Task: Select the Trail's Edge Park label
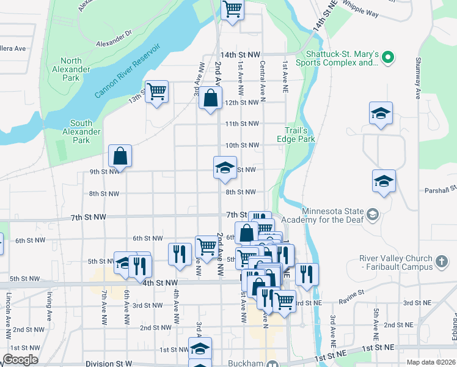coord(300,135)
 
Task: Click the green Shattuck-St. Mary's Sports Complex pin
coord(387,58)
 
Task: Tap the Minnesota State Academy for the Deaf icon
coord(373,214)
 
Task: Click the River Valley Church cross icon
coord(442,262)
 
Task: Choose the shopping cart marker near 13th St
coord(156,92)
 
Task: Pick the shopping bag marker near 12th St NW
coord(210,98)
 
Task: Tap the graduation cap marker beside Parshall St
coord(384,181)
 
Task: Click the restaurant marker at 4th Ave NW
coord(180,254)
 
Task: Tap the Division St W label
coord(109,363)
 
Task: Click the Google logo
coord(20,360)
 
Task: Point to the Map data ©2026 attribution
coord(431,362)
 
